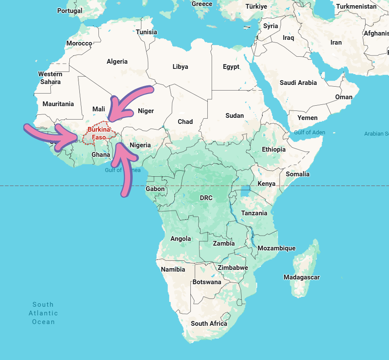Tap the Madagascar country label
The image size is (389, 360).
301,277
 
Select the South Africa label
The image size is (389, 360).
209,324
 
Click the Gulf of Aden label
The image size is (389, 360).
309,132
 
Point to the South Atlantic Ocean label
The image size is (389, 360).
43,313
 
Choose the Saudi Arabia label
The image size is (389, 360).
298,83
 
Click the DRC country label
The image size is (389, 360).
206,198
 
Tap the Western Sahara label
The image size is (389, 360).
50,78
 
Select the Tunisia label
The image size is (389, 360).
147,32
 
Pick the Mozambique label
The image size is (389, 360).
276,248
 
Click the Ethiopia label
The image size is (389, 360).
274,149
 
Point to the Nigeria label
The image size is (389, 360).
140,145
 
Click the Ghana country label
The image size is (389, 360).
101,155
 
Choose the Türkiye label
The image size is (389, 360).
257,6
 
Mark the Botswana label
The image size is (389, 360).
207,282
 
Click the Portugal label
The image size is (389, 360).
69,10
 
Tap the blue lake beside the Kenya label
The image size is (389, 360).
245,191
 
